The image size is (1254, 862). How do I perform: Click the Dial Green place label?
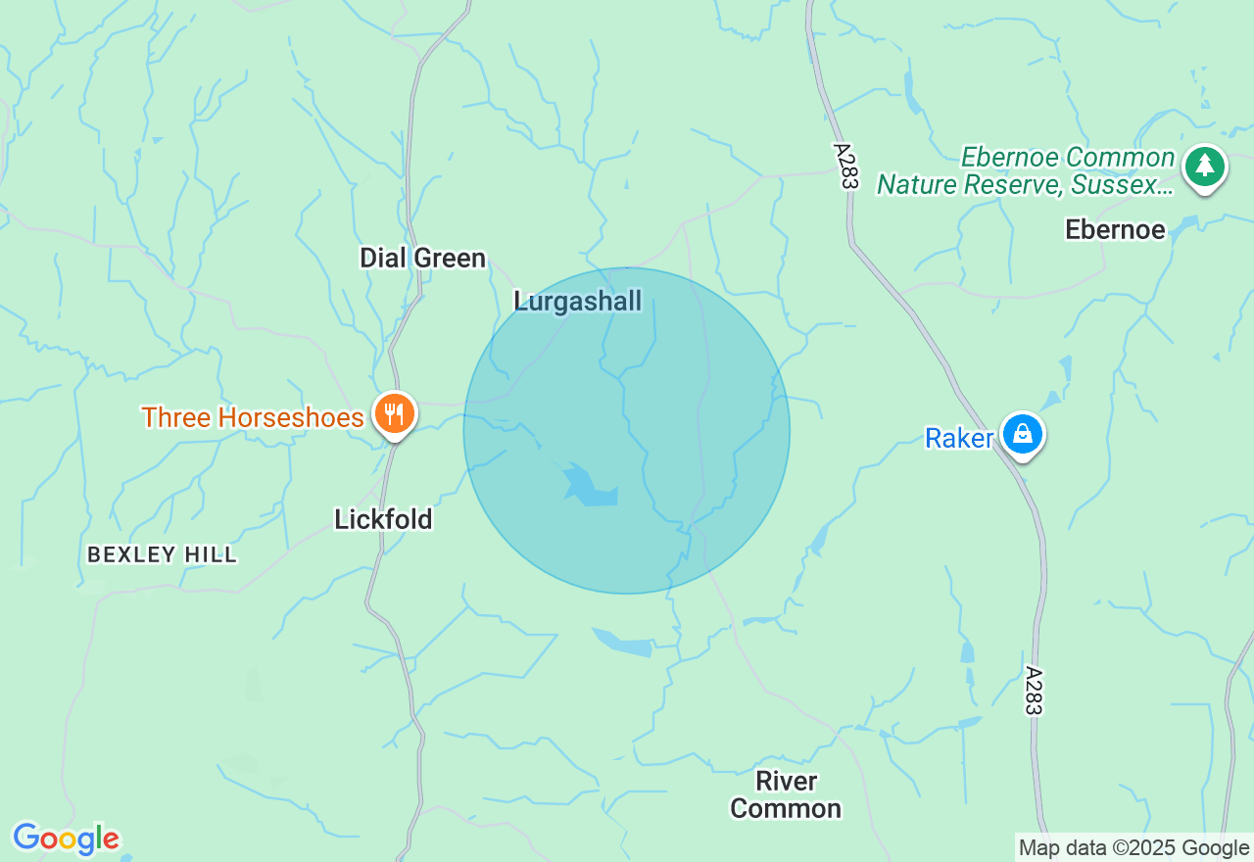[x=422, y=259]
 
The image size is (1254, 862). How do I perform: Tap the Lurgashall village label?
[x=578, y=301]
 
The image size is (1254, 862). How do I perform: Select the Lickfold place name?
[x=383, y=519]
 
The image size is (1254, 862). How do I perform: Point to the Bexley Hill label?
[x=162, y=554]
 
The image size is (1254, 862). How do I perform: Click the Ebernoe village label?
[x=1115, y=229]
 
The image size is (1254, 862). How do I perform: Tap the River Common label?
[x=786, y=794]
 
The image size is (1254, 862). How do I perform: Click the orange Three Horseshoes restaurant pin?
[x=394, y=413]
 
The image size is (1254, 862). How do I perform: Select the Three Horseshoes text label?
[x=253, y=417]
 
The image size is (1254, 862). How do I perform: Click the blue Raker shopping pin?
[x=1023, y=434]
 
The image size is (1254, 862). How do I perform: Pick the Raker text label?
[x=959, y=438]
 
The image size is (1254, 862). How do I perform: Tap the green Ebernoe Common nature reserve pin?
[x=1204, y=168]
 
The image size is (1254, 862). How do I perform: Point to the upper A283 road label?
[x=845, y=167]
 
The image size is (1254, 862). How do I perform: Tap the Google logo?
[x=66, y=838]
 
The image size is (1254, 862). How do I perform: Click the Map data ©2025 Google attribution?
[x=1133, y=848]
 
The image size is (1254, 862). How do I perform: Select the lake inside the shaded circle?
[x=588, y=486]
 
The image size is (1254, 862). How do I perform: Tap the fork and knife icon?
[x=394, y=411]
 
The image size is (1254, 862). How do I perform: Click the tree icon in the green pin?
[x=1204, y=166]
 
